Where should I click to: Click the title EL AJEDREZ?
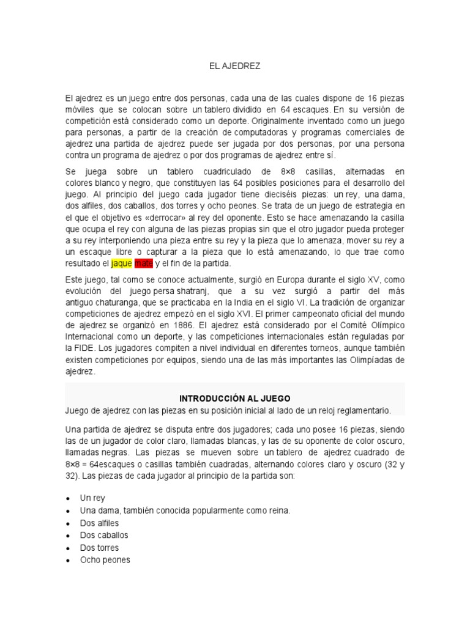[235, 66]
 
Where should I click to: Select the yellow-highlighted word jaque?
[121, 263]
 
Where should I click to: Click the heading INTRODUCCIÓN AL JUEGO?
[235, 398]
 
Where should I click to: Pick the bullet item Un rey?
[92, 498]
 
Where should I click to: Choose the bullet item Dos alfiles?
[99, 523]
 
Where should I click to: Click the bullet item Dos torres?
[99, 548]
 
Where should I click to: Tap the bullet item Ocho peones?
[105, 560]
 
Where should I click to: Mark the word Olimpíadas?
[373, 359]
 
